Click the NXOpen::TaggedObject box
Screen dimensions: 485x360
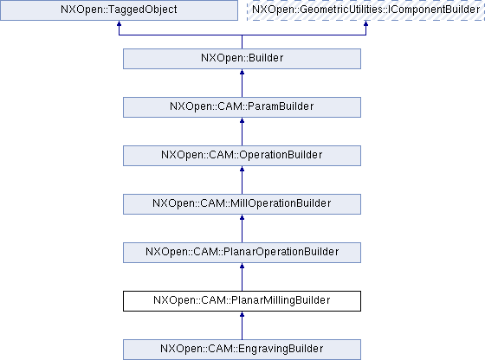pos(119,10)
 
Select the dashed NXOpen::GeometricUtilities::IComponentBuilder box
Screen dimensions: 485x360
pos(365,10)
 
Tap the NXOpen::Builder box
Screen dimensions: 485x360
pos(242,59)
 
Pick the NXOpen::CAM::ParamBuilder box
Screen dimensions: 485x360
pos(242,107)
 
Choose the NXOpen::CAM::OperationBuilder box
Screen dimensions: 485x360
pos(242,156)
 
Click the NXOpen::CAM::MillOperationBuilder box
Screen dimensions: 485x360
pos(242,204)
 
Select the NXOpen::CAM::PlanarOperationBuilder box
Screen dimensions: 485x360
pos(242,253)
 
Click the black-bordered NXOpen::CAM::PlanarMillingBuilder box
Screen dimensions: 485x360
pos(242,301)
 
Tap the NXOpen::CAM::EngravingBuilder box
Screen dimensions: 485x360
pos(242,350)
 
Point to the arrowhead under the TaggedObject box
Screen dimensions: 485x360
pos(119,23)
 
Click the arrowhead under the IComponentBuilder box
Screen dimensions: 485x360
pos(365,23)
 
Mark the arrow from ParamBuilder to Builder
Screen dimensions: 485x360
pos(242,83)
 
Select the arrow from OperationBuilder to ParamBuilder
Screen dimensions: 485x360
pos(242,132)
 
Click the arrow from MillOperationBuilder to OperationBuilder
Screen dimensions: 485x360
pos(242,180)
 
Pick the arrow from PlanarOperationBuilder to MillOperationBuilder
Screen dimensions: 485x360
pos(242,228)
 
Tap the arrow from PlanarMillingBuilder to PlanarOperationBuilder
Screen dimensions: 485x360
pos(242,277)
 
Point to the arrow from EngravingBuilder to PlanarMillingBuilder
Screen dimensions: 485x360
pos(242,325)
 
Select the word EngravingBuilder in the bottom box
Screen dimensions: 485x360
pos(281,349)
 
